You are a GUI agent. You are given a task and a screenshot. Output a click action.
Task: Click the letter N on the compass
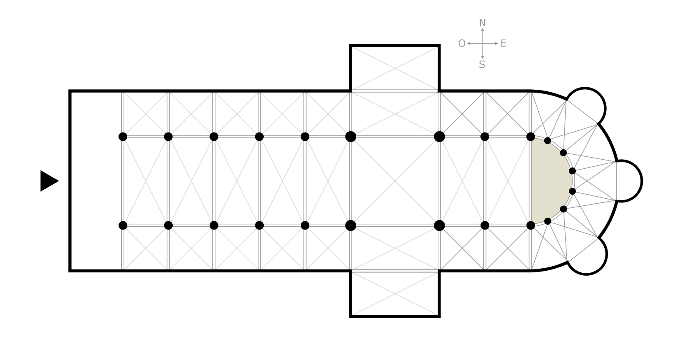[x=483, y=23]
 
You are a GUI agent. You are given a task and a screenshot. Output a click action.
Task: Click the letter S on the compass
[x=482, y=65]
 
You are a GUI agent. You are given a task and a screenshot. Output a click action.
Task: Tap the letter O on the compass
[x=462, y=44]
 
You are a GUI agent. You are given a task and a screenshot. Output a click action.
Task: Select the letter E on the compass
[x=503, y=44]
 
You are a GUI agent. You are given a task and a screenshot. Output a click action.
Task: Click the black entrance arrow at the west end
[x=49, y=181]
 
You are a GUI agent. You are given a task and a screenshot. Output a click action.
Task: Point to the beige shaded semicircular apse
[x=549, y=181]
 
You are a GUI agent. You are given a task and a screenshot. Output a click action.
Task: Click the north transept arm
[x=395, y=68]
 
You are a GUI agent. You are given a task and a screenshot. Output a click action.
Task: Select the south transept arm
[x=395, y=293]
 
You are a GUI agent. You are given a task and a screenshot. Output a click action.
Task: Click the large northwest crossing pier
[x=350, y=137]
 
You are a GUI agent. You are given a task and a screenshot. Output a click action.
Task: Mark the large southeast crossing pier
[x=439, y=225]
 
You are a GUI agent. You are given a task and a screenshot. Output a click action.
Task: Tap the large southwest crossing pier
[x=350, y=225]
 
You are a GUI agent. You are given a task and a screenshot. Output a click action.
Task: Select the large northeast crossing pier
[x=439, y=137]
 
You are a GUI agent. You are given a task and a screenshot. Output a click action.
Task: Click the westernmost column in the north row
[x=123, y=137]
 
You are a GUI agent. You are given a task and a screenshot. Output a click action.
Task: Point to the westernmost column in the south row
[x=123, y=225]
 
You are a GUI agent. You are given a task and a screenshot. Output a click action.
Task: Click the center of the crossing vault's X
[x=395, y=181]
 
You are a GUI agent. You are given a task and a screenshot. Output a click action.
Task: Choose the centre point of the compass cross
[x=483, y=43]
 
